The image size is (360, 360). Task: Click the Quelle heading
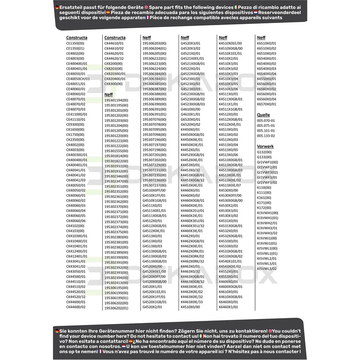pyautogui.click(x=263, y=115)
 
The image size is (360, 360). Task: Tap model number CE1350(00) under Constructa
pyautogui.click(x=75, y=43)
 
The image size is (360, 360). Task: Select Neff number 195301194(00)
pyautogui.click(x=116, y=100)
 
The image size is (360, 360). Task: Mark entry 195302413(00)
pyautogui.click(x=116, y=283)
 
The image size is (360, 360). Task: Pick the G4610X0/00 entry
pyautogui.click(x=190, y=109)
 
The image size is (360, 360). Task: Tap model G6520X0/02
pyautogui.click(x=190, y=125)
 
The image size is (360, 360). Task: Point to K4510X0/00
pyautogui.click(x=190, y=307)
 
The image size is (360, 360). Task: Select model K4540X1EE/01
pyautogui.click(x=230, y=261)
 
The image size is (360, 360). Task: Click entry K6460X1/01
pyautogui.click(x=228, y=307)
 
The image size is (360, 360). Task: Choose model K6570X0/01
pyautogui.click(x=266, y=104)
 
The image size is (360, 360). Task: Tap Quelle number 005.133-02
pyautogui.click(x=265, y=135)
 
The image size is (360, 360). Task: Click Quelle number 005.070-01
pyautogui.click(x=265, y=121)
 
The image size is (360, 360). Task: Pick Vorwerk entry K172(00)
pyautogui.click(x=264, y=207)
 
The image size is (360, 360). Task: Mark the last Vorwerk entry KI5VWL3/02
pyautogui.click(x=267, y=269)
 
